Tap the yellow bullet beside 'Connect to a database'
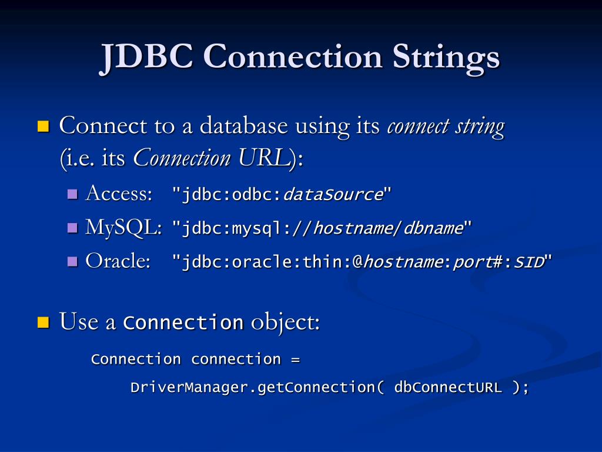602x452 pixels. [x=43, y=126]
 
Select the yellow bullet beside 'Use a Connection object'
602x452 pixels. [x=43, y=322]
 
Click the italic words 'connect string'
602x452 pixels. [x=445, y=127]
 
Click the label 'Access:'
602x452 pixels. [x=118, y=194]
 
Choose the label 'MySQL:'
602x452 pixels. [x=123, y=227]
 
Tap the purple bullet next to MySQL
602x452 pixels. [x=73, y=227]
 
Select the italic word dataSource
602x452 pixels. [x=333, y=195]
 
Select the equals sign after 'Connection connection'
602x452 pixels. [x=295, y=359]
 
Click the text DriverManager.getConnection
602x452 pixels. [x=252, y=388]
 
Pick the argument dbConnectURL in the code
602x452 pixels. [x=448, y=388]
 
